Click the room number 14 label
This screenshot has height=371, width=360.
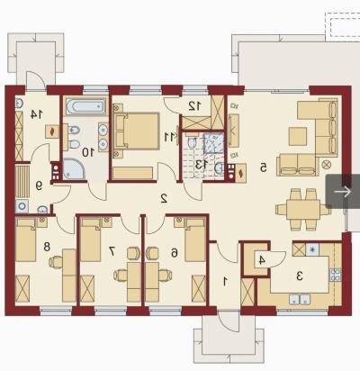(x=36, y=114)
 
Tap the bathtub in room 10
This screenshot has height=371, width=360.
(x=85, y=106)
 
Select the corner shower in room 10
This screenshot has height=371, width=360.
(x=73, y=169)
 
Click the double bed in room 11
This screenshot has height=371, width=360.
(x=137, y=131)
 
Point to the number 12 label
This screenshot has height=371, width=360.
(x=195, y=105)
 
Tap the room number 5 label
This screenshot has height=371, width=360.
(x=263, y=167)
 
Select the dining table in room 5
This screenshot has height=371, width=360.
(x=303, y=210)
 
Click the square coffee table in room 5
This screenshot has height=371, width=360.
(x=298, y=136)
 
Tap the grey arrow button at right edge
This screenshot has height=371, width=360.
(x=343, y=192)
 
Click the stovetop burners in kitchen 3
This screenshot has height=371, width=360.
(x=336, y=275)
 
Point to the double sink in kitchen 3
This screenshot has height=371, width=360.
(x=300, y=299)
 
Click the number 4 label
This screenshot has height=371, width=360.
(x=262, y=260)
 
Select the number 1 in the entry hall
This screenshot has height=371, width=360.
(x=225, y=281)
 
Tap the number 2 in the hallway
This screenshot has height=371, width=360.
(x=164, y=198)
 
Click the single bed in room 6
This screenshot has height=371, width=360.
(x=195, y=240)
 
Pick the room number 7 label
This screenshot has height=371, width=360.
(x=112, y=251)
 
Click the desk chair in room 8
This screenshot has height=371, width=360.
(x=56, y=262)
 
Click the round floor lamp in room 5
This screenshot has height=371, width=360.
(x=326, y=164)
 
